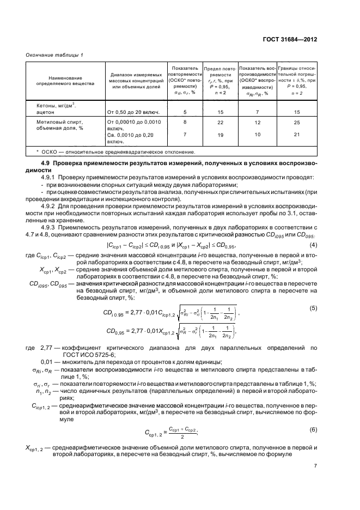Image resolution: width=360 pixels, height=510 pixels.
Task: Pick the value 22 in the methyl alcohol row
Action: tap(220, 123)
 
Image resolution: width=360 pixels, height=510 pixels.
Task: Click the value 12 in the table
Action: tap(258, 123)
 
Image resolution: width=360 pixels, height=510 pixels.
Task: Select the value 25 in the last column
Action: tap(297, 123)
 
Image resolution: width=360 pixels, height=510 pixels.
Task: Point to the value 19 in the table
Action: tap(220, 135)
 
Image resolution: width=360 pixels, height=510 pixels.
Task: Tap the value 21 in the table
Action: tap(297, 135)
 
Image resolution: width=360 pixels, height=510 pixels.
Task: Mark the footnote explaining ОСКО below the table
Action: tap(115, 152)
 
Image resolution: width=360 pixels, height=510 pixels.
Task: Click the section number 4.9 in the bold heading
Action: tap(46, 163)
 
